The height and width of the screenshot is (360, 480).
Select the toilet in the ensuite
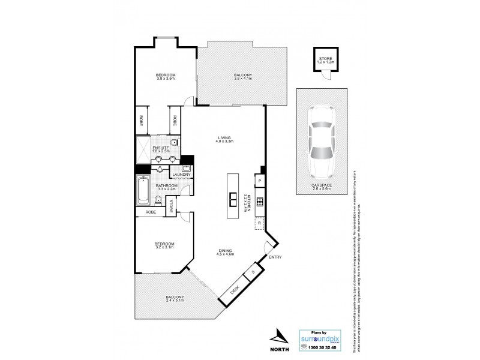[173, 143]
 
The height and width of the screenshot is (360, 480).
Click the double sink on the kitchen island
[232, 197]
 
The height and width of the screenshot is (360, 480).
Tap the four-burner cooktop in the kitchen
[260, 202]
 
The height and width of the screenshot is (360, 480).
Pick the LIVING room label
[224, 139]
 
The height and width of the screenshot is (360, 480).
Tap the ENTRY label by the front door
[275, 257]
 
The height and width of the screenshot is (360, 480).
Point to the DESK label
[235, 292]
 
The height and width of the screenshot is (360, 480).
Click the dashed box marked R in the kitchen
[259, 223]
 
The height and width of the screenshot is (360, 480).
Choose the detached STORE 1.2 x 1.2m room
[325, 61]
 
